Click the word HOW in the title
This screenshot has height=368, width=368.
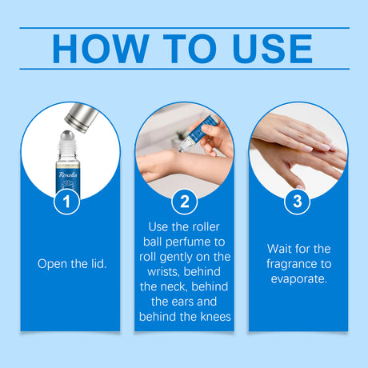(101, 49)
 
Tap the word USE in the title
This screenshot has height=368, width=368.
(273, 49)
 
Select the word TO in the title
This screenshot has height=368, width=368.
(190, 49)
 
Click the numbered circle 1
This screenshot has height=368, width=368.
(66, 202)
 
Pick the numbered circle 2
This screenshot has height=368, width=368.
(185, 202)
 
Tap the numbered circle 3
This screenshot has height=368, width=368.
(298, 202)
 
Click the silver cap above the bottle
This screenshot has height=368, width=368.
(82, 118)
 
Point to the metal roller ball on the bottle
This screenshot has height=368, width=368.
(68, 135)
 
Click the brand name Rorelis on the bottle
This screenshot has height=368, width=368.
(68, 174)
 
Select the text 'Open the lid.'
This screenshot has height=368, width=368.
(72, 264)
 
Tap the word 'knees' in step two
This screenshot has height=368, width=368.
(215, 317)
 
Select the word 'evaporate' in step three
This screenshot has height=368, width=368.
(298, 279)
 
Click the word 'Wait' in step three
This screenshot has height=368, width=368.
(279, 249)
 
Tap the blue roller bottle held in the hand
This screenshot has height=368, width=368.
(198, 134)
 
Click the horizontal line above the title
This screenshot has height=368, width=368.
(185, 28)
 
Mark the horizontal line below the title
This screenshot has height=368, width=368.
(185, 69)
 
